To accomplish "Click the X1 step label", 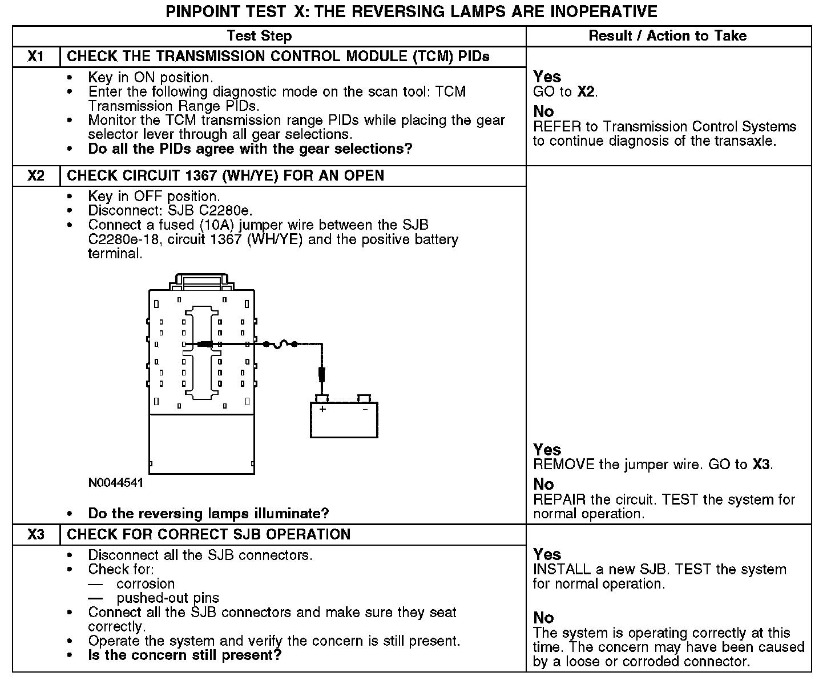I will click(x=36, y=57).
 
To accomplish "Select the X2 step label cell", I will click(x=36, y=175).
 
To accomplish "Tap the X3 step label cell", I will click(x=36, y=534).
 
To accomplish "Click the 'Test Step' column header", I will click(x=259, y=35).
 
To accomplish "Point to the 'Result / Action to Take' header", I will click(x=667, y=35).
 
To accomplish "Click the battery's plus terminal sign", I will click(x=322, y=409).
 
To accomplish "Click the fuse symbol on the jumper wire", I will click(x=280, y=343).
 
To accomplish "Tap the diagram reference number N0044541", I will click(x=116, y=483).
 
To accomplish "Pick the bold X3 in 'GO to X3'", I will click(x=762, y=465).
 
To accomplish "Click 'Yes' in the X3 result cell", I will click(x=547, y=554).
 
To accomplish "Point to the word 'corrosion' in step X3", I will click(x=146, y=583).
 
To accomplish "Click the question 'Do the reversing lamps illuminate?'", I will click(x=208, y=513).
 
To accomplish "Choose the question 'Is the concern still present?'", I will click(x=185, y=655).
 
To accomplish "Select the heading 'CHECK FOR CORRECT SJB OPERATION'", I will click(x=208, y=534).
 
